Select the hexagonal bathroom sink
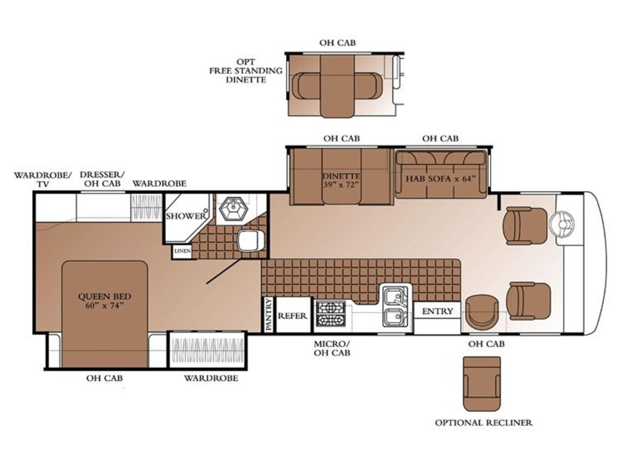click(234, 209)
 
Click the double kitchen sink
click(395, 306)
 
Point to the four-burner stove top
click(330, 314)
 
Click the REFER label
click(292, 316)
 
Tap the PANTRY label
click(268, 315)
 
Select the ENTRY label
click(437, 311)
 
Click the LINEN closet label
click(182, 251)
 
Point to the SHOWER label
click(186, 216)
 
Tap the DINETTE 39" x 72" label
click(341, 180)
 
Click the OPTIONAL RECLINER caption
click(484, 423)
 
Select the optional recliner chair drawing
click(482, 384)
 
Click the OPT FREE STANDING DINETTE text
click(246, 71)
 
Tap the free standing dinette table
click(337, 86)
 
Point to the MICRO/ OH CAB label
click(332, 348)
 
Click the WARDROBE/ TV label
click(43, 179)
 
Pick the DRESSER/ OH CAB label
click(102, 179)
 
